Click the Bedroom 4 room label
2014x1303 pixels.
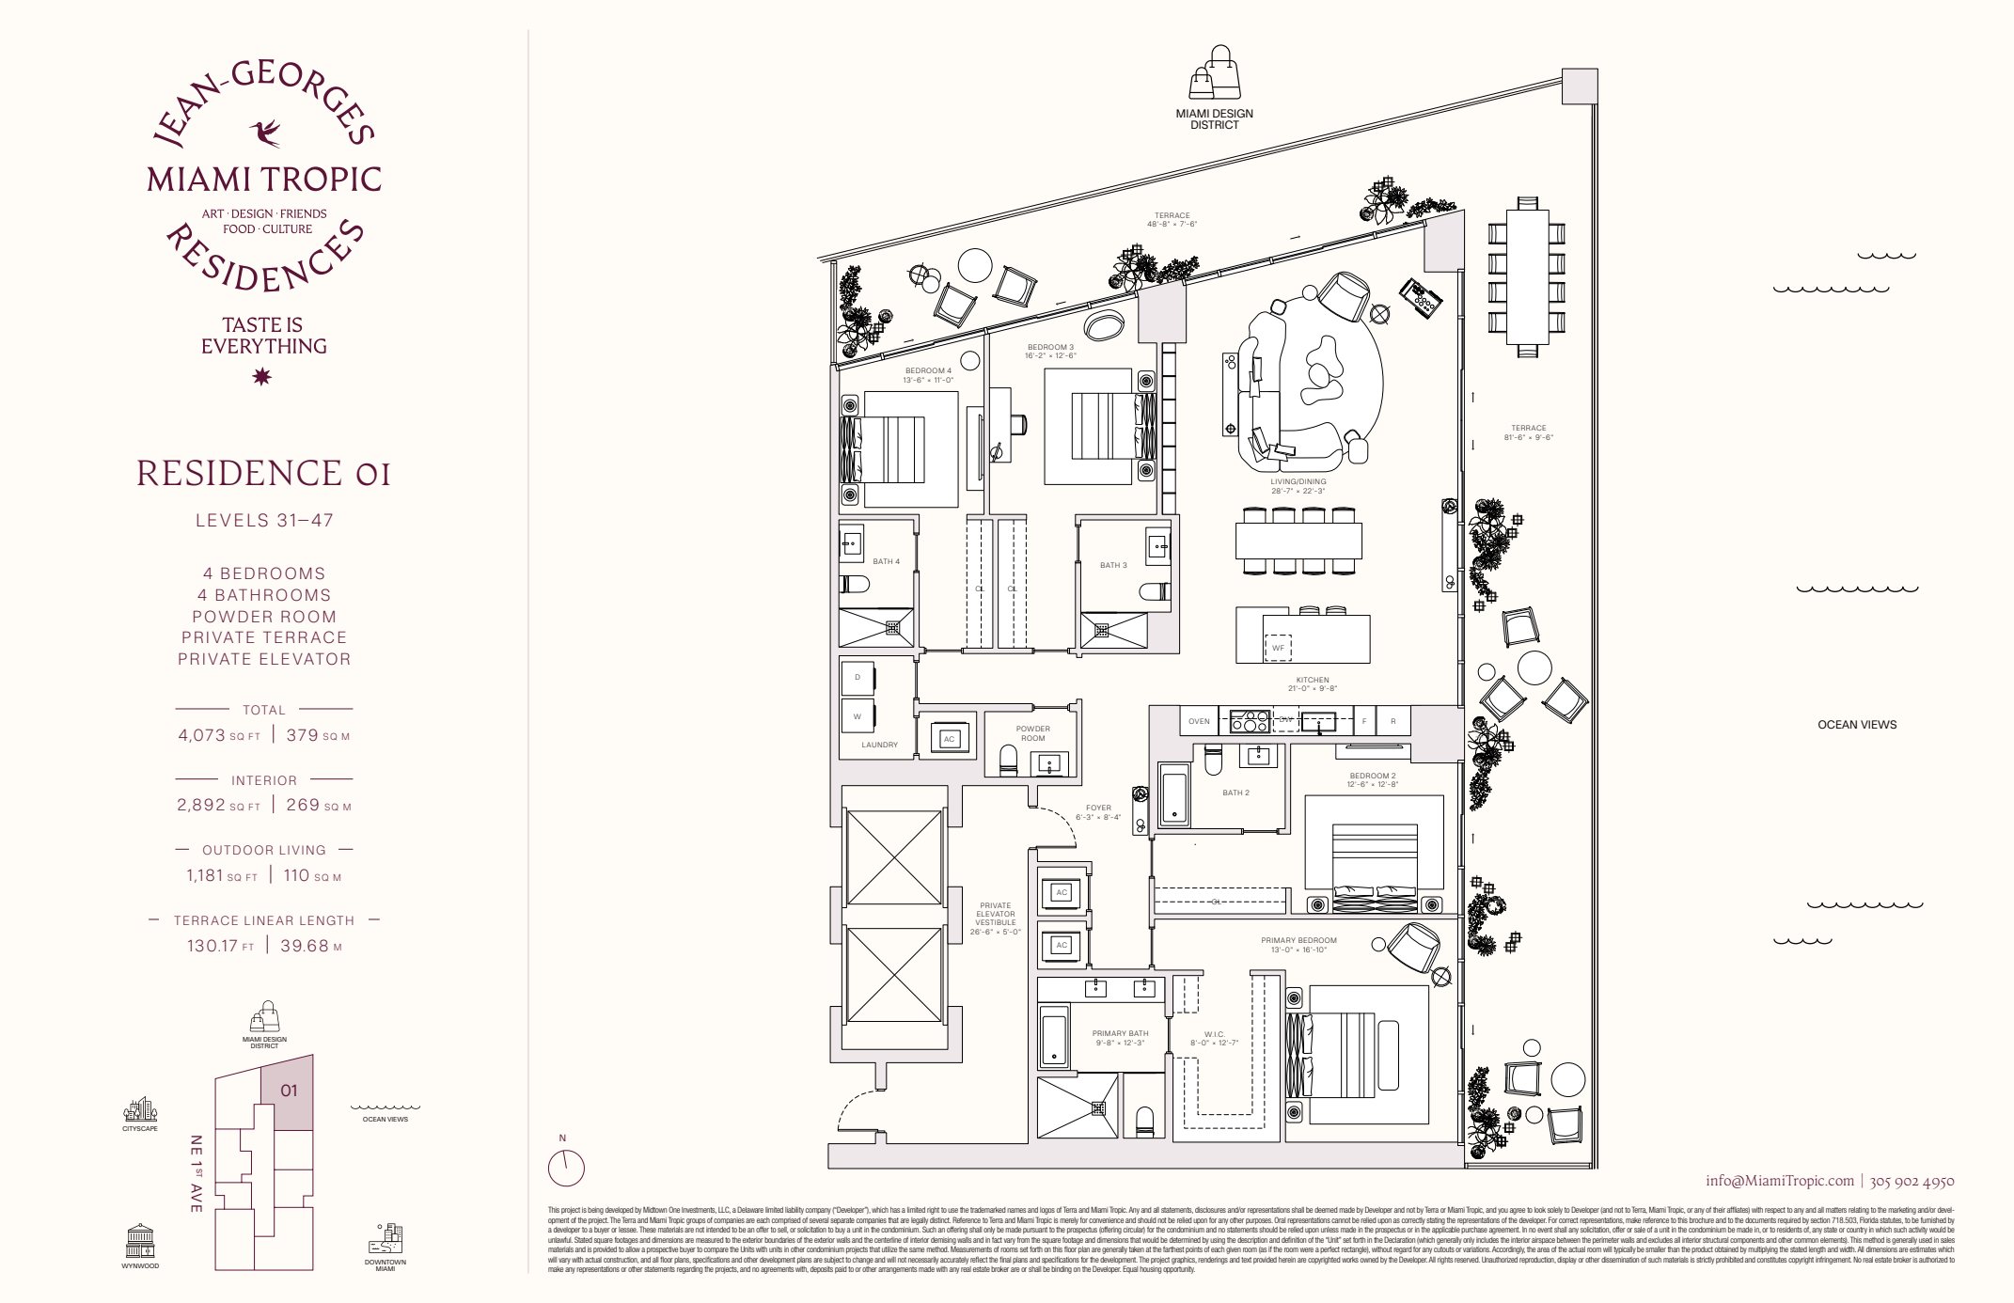click(x=928, y=375)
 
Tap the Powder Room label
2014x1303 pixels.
click(x=1032, y=733)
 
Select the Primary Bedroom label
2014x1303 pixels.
click(x=1298, y=945)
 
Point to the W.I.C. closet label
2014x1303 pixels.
click(x=1214, y=1038)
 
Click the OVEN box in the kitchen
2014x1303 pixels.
click(x=1199, y=721)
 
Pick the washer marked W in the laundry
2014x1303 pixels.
click(x=858, y=716)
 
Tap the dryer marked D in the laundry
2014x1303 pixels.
click(x=858, y=678)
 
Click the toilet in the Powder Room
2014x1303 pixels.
click(x=1008, y=760)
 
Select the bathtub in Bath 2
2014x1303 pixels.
click(x=1173, y=795)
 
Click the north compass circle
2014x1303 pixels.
click(x=566, y=1169)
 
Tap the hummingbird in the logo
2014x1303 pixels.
click(x=265, y=133)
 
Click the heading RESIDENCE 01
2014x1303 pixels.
click(x=263, y=473)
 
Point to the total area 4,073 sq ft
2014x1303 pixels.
click(x=219, y=735)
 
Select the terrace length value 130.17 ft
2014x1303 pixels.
click(x=221, y=946)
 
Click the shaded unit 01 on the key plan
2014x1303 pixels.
click(x=289, y=1091)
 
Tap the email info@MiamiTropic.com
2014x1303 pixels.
click(x=1780, y=1181)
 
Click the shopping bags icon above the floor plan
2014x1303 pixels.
click(x=1215, y=73)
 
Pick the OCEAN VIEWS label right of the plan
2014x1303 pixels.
click(x=1857, y=725)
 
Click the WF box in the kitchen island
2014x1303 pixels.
click(x=1278, y=648)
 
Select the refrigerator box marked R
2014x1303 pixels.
click(x=1393, y=721)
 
